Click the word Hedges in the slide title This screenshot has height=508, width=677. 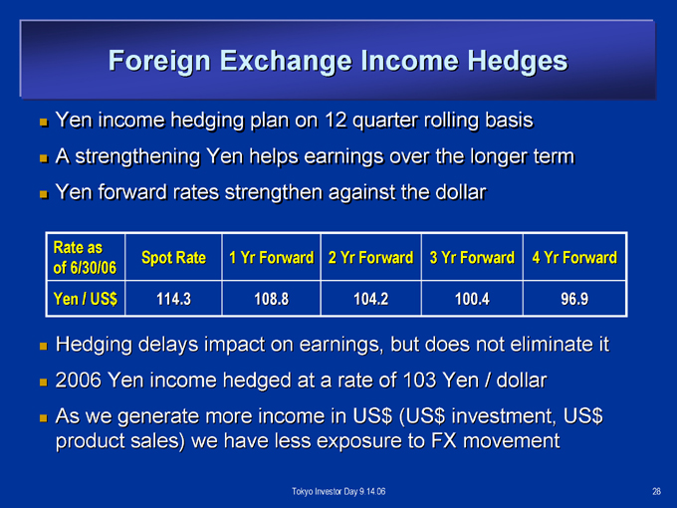[518, 62]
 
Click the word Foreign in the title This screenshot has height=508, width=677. [159, 62]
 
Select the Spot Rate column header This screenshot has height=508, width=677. [173, 258]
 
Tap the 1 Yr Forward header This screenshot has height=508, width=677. [271, 258]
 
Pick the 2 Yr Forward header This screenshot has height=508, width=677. [371, 258]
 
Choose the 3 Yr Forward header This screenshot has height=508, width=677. [472, 258]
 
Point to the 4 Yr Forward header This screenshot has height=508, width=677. [574, 258]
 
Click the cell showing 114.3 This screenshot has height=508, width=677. [173, 299]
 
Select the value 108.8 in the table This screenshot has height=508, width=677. [271, 299]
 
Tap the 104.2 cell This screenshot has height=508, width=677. [371, 299]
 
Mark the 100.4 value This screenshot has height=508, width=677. [472, 299]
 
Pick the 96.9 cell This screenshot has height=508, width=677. [574, 299]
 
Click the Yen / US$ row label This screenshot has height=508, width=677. [85, 299]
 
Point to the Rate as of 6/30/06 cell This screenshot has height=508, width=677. [85, 258]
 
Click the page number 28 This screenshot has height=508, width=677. [656, 492]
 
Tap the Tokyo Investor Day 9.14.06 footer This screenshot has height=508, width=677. [338, 492]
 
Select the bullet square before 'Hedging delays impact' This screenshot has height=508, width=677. [43, 346]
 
